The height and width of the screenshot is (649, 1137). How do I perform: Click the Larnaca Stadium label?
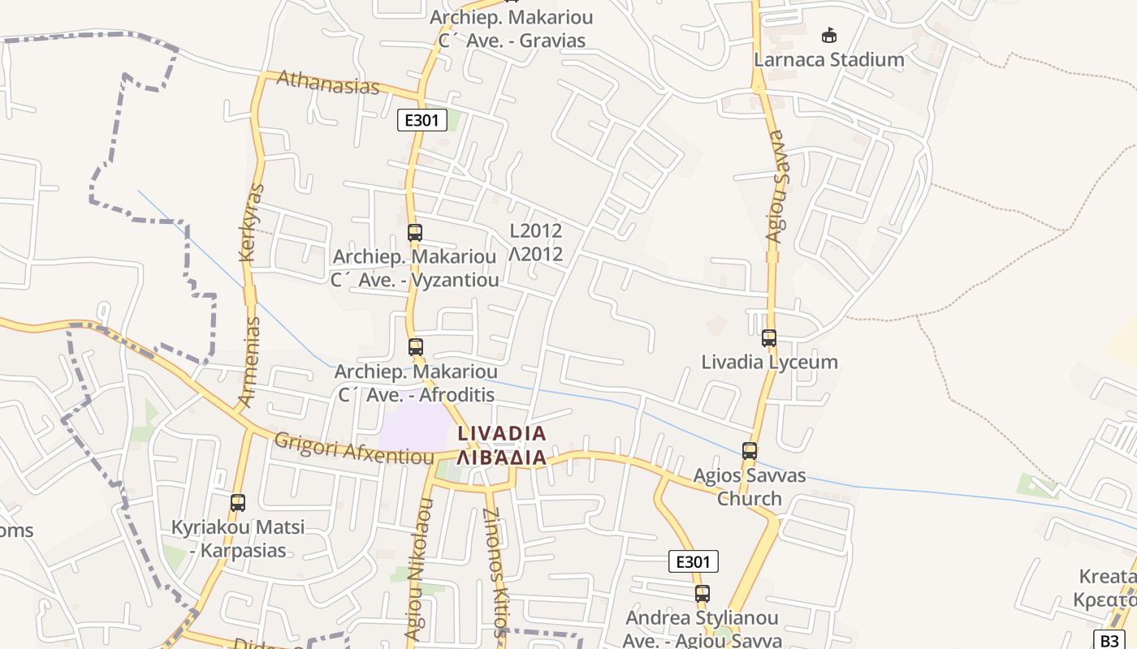[828, 59]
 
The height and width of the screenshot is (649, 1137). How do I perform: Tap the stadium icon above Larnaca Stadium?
[828, 36]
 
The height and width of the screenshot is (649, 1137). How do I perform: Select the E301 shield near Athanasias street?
[422, 121]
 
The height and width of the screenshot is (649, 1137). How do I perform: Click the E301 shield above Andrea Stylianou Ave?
[694, 561]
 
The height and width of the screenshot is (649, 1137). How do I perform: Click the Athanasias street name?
[328, 82]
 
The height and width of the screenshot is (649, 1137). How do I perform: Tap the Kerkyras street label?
[253, 222]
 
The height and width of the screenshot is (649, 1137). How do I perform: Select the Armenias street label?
[250, 362]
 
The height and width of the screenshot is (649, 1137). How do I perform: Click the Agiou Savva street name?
[776, 187]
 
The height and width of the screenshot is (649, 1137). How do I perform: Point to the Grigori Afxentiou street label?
[354, 449]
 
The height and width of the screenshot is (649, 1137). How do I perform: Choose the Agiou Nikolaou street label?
[417, 567]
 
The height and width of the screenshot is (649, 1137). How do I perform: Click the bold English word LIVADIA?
[502, 434]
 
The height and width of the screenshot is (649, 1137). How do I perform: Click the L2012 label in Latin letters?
[536, 230]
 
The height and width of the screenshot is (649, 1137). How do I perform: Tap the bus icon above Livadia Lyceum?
[768, 338]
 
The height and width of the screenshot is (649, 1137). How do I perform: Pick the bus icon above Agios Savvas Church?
[749, 451]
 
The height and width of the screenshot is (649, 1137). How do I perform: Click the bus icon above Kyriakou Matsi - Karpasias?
[237, 503]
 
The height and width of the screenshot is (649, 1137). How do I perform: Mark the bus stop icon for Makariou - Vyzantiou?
[414, 233]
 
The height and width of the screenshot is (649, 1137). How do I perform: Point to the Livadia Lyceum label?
[769, 362]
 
